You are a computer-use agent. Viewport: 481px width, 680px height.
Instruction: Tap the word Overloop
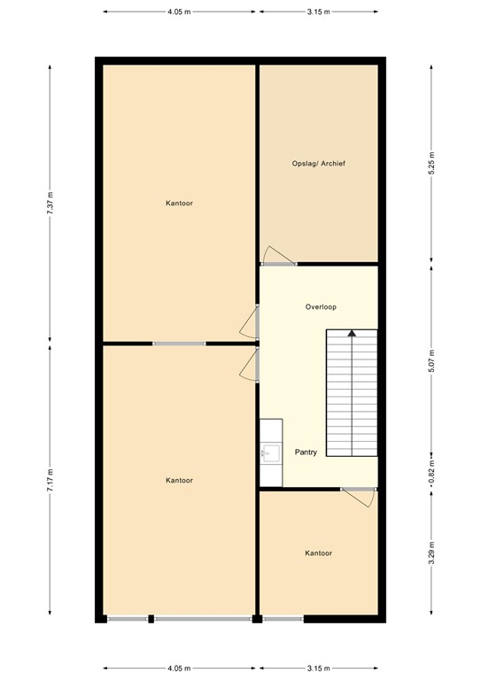pyautogui.click(x=321, y=306)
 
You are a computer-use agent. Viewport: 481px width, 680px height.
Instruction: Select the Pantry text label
pyautogui.click(x=306, y=452)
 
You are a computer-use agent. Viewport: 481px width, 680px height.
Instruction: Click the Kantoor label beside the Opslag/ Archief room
pyautogui.click(x=179, y=203)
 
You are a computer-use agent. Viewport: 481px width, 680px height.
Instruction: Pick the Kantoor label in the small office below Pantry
pyautogui.click(x=318, y=552)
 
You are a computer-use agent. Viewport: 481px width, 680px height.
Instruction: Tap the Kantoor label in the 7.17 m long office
pyautogui.click(x=179, y=480)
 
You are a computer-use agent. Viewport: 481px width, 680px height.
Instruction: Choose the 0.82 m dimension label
pyautogui.click(x=431, y=468)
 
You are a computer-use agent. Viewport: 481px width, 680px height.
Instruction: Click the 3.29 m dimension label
pyautogui.click(x=431, y=552)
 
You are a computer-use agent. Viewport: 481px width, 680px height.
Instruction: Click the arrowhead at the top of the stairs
pyautogui.click(x=352, y=333)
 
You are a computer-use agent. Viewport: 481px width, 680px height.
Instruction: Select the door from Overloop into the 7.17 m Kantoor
pyautogui.click(x=251, y=364)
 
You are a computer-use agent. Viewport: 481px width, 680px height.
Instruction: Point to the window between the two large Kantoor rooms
pyautogui.click(x=179, y=343)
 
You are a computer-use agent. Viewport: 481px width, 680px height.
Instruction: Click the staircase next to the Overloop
pyautogui.click(x=352, y=394)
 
